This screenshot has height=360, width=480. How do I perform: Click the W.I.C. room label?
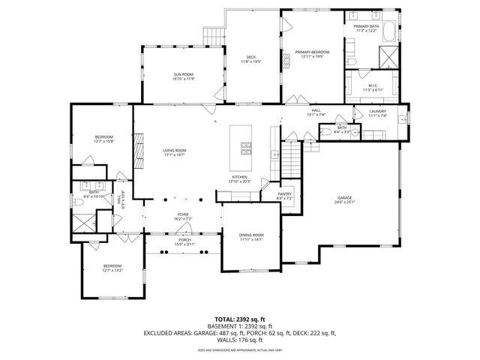click(x=373, y=85)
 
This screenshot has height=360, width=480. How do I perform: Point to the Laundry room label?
click(x=377, y=112)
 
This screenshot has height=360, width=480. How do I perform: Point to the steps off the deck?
click(x=214, y=33)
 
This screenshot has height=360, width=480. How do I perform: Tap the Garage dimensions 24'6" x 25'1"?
click(x=344, y=202)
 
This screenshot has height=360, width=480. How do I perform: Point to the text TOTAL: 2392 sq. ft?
click(x=240, y=318)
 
